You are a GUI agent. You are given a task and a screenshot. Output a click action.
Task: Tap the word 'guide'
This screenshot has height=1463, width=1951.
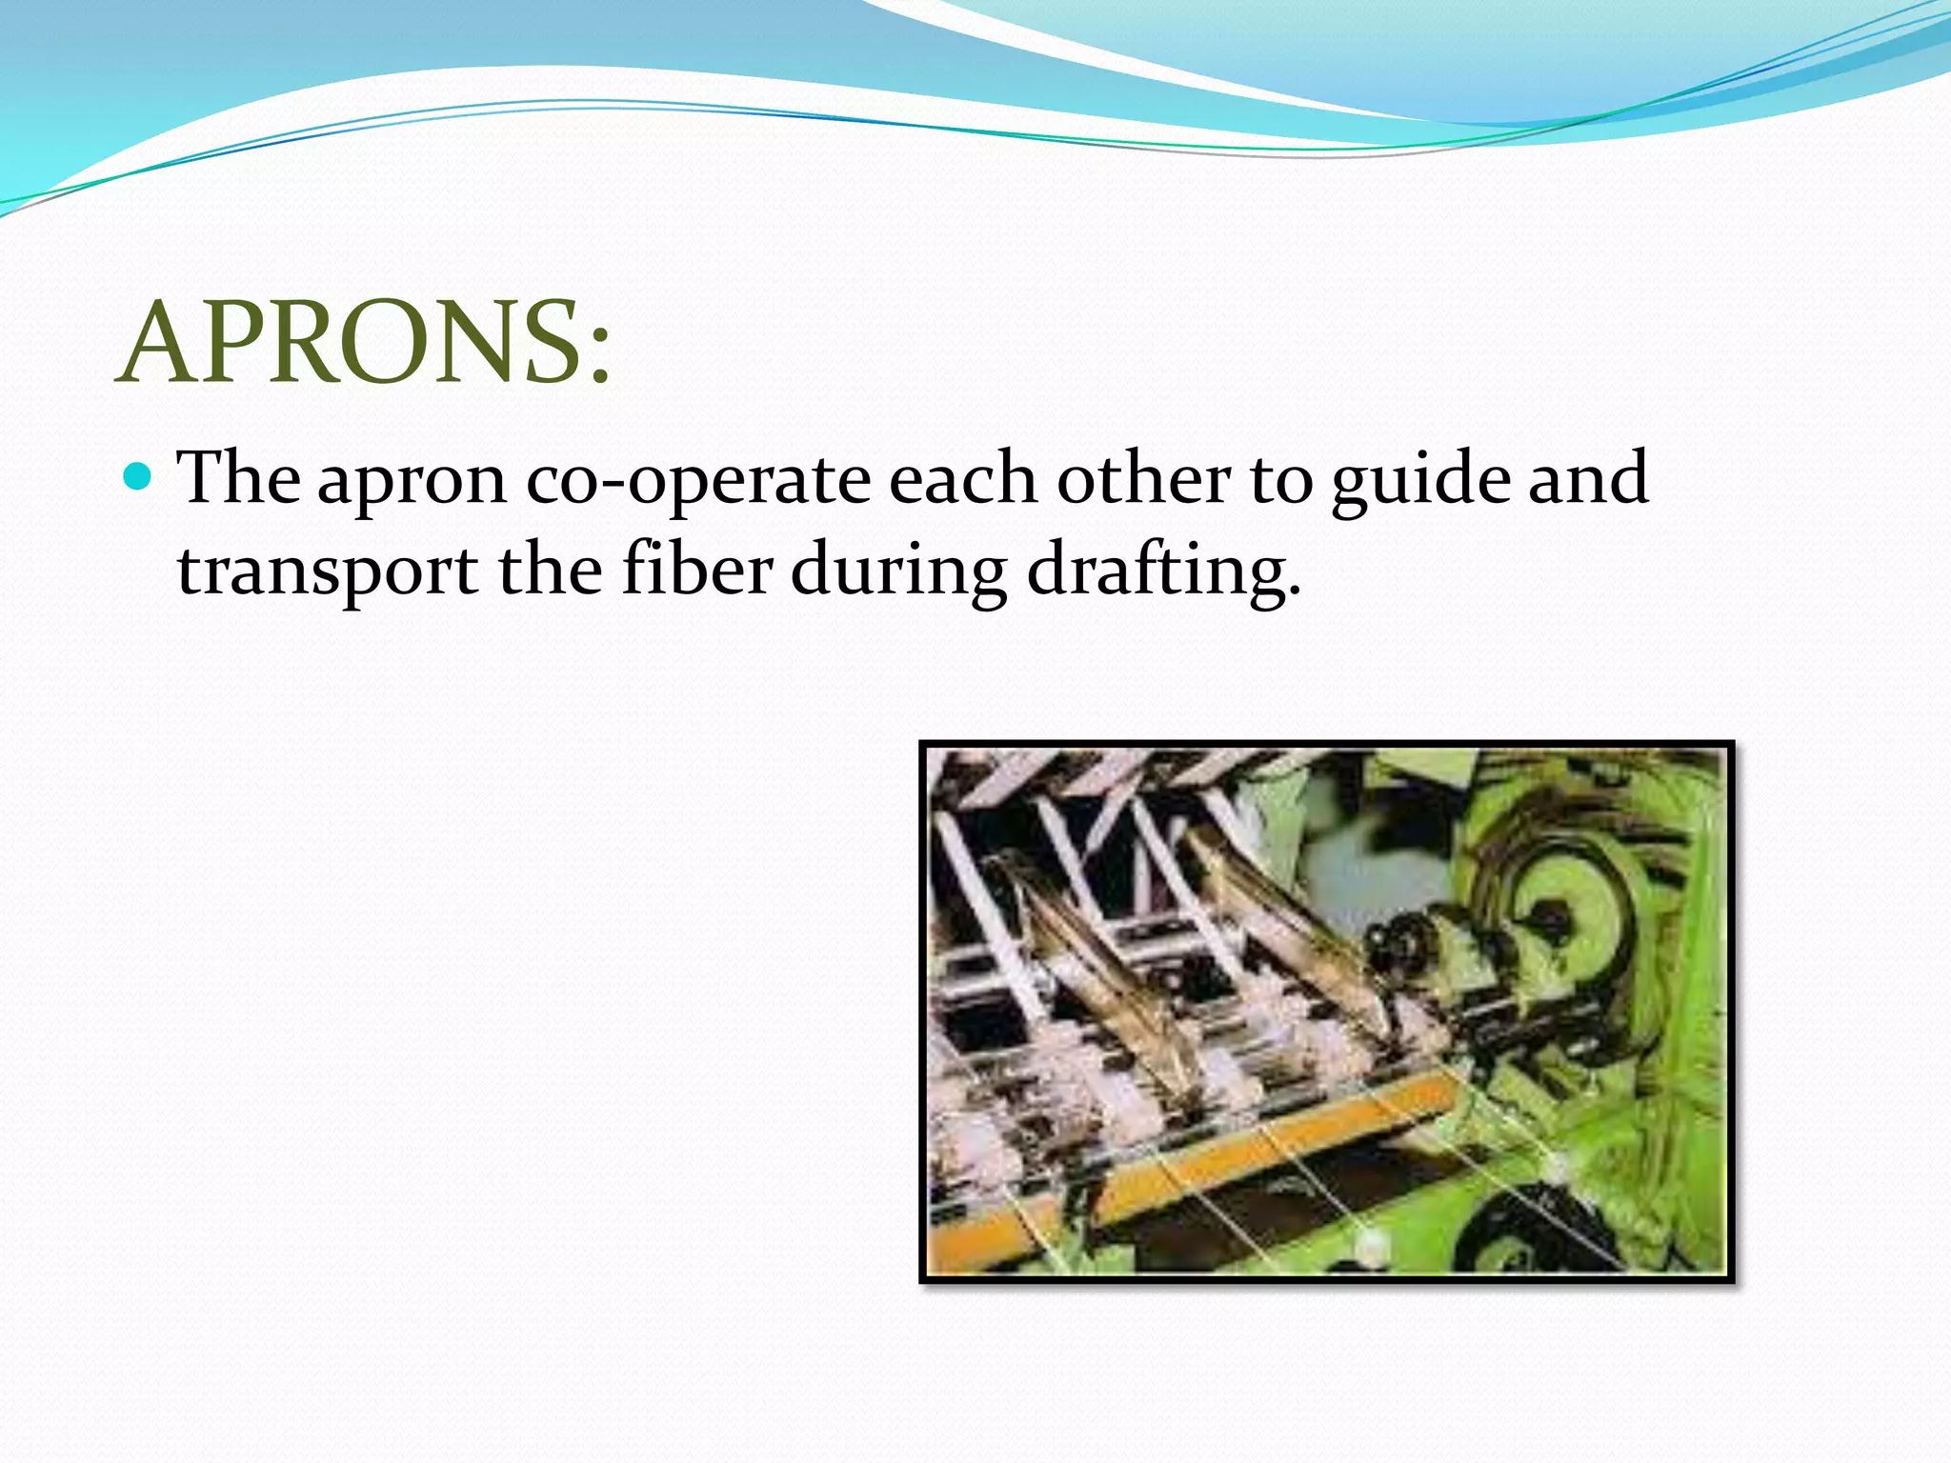(1420, 481)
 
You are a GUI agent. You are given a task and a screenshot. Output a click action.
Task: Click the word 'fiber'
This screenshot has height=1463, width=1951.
(697, 569)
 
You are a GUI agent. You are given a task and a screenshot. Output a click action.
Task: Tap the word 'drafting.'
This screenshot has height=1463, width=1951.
(1163, 571)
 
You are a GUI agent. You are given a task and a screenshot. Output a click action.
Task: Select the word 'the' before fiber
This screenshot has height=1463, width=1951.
(550, 569)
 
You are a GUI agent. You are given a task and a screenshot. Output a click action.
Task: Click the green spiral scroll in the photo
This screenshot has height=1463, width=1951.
(1562, 914)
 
